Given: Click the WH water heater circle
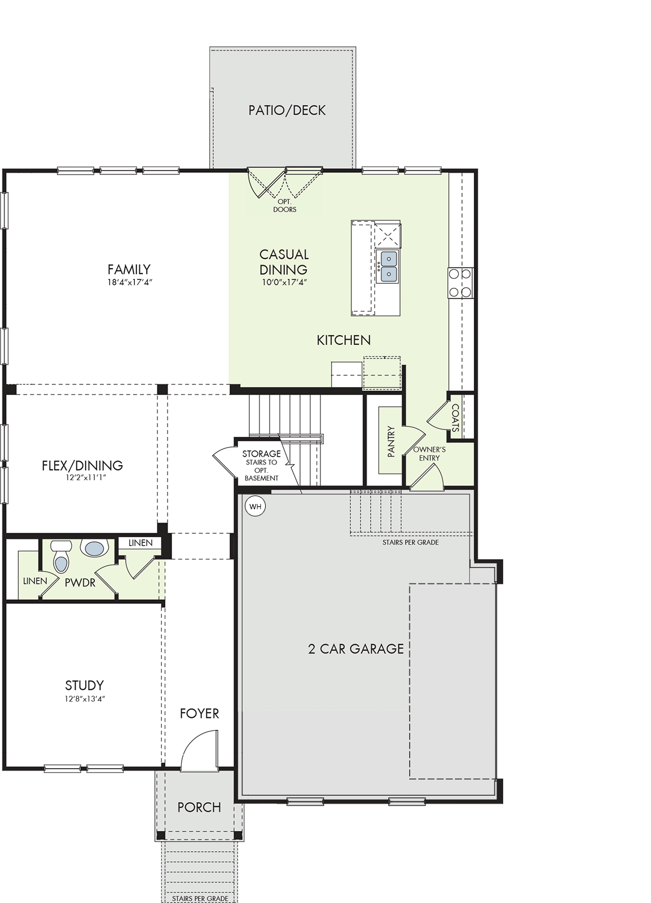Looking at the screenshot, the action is pos(256,506).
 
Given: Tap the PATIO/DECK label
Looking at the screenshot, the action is pos(287,110).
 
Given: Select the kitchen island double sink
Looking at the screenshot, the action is pos(387,266).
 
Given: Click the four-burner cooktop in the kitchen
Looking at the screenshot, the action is pos(460,283).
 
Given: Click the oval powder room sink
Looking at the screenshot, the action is pos(95,549).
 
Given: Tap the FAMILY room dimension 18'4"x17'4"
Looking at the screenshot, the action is pos(129,282).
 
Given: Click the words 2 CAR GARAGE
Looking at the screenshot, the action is pos(356,648).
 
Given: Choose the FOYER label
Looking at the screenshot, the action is pos(199,713).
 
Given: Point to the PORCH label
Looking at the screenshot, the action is pos(199,808).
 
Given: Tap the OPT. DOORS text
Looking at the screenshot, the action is pos(285,205).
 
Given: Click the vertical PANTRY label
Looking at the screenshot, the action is pos(390,442).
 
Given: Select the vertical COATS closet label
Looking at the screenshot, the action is pos(455,418).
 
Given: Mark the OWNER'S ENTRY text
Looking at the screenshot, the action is pos(429,454).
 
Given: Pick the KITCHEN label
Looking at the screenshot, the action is pos(344,340).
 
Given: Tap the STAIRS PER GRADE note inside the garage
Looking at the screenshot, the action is pos(411,542).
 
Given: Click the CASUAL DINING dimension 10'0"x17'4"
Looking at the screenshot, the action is pos(284,282).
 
